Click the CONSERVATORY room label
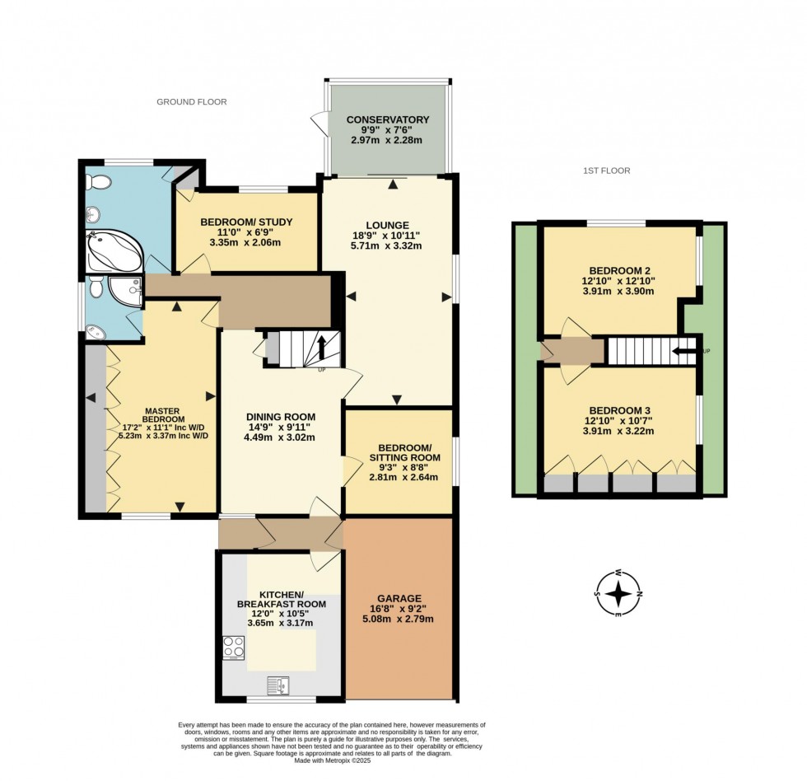pos(388,119)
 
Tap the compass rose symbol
pos(618,593)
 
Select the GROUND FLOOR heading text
pos(192,102)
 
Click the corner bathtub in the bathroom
pos(114,250)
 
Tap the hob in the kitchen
pos(233,647)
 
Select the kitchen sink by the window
pos(278,685)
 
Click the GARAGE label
pos(399,598)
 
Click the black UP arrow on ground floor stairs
pos(321,345)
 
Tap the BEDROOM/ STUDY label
pos(246,222)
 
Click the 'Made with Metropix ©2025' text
pos(332,760)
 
